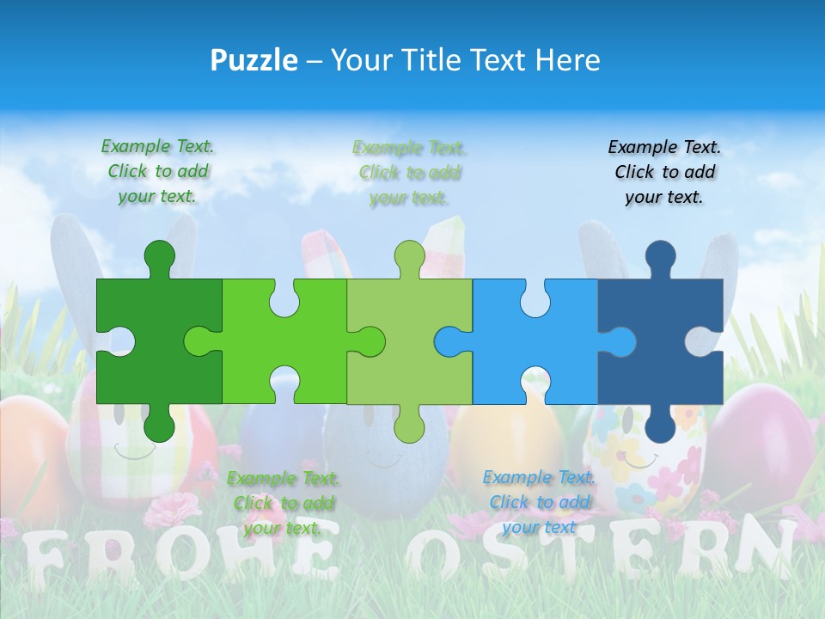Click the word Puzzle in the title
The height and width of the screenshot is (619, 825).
[254, 60]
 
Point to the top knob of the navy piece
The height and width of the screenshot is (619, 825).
[660, 258]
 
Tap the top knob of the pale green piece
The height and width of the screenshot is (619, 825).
[410, 258]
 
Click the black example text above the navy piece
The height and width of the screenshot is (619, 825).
[664, 172]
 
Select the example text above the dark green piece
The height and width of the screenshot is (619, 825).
[158, 171]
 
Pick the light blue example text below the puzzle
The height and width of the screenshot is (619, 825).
[539, 502]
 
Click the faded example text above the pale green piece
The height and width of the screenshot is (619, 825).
[410, 173]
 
